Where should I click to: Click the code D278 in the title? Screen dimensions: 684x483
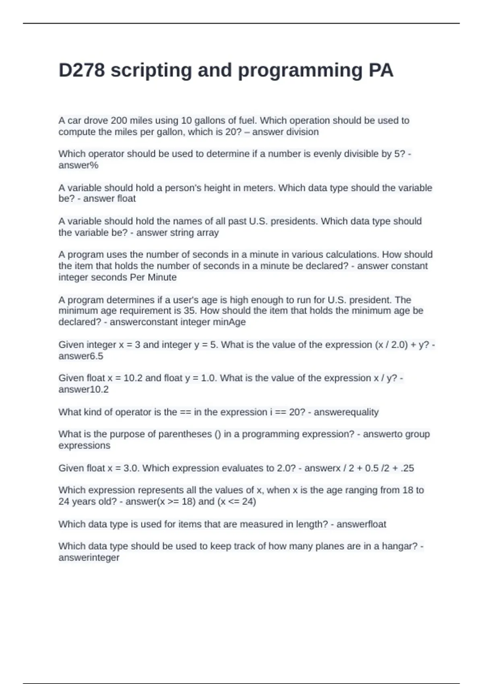point(82,70)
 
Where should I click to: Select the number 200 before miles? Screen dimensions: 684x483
point(119,120)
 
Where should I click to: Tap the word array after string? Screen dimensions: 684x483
point(207,233)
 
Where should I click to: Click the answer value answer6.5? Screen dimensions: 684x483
point(80,356)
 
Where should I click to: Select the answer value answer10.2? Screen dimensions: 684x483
point(83,389)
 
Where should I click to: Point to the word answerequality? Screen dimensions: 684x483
point(346,412)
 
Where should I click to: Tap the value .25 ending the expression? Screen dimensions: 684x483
point(407,468)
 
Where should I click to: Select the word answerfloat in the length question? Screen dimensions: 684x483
point(361,524)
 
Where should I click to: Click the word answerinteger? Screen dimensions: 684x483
point(89,558)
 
